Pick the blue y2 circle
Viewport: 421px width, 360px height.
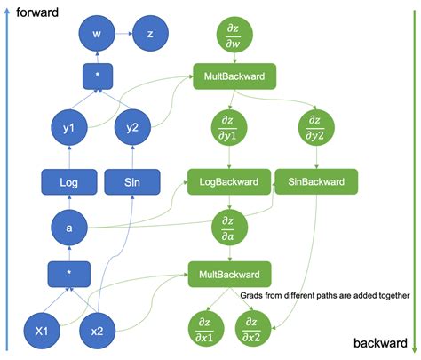pos(132,127)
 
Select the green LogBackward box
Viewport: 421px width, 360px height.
pos(228,182)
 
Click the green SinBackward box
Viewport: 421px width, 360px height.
pos(316,182)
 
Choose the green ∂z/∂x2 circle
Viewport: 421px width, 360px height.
pos(254,328)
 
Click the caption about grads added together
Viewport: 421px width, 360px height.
pos(325,296)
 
